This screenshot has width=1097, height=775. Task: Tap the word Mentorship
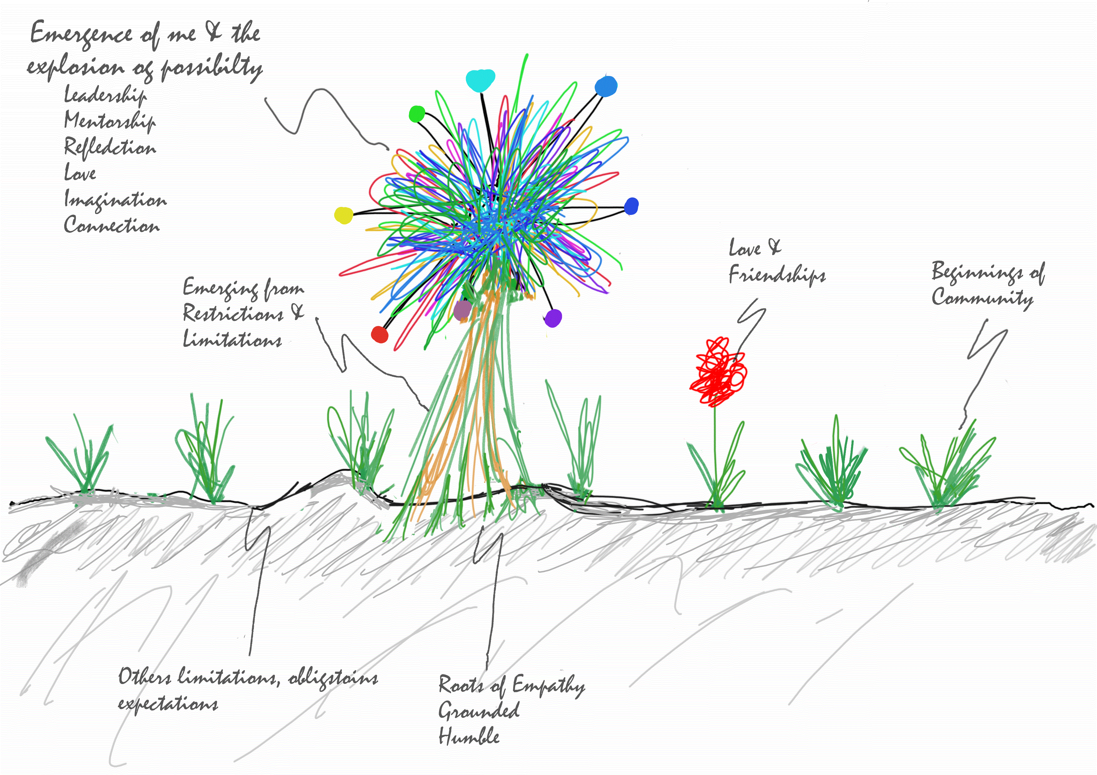(110, 121)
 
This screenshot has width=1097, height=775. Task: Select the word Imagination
(115, 200)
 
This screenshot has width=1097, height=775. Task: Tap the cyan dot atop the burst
(481, 80)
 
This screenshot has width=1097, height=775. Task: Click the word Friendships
(777, 276)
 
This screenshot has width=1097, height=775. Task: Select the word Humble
(469, 736)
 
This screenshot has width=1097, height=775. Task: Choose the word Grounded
(479, 711)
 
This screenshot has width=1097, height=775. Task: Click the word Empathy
(548, 686)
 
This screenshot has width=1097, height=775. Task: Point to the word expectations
(168, 704)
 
